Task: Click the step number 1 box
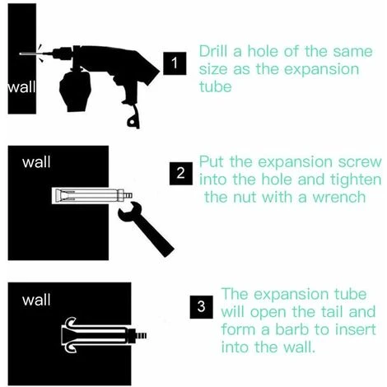click(x=175, y=63)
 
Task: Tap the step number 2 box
click(x=181, y=174)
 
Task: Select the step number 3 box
click(x=201, y=307)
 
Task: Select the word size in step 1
click(x=213, y=69)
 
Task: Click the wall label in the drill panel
click(x=21, y=87)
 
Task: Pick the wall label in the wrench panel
click(x=36, y=162)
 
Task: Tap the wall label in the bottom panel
click(x=36, y=300)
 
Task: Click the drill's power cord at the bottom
click(x=134, y=118)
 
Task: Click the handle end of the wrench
click(x=168, y=250)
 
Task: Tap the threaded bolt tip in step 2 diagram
click(x=128, y=196)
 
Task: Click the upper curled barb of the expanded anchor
click(x=71, y=322)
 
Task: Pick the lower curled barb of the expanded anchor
click(x=71, y=347)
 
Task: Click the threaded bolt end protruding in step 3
click(x=142, y=335)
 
